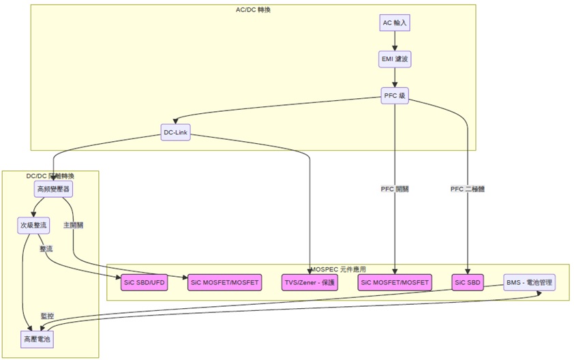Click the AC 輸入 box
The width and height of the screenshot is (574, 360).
tap(395, 23)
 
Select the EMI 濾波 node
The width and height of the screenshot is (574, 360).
tap(395, 59)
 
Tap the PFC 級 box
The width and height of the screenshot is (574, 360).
tap(395, 95)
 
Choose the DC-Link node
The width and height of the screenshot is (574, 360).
tap(175, 132)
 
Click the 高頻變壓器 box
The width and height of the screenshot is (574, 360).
tap(53, 188)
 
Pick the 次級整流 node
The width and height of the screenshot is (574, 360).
tap(33, 225)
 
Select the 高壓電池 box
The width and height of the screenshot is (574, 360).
tap(37, 338)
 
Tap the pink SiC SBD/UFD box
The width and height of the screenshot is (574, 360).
tap(145, 282)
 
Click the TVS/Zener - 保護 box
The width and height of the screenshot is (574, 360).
tap(309, 282)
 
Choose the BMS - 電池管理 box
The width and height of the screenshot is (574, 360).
tap(529, 282)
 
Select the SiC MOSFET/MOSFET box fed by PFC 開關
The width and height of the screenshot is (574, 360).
tap(395, 282)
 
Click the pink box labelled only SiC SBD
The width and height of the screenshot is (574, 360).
tap(468, 282)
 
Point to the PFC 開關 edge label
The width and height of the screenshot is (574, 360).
tap(395, 189)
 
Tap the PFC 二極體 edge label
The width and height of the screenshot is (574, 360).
tap(468, 189)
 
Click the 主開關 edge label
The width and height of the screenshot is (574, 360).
tap(73, 225)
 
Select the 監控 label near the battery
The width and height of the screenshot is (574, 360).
tap(47, 316)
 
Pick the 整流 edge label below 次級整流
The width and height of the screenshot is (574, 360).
tap(46, 250)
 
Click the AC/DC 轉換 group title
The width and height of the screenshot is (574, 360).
tap(253, 10)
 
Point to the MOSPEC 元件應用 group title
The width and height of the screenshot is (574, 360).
tap(337, 269)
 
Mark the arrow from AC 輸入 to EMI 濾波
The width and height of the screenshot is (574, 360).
tap(395, 41)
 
